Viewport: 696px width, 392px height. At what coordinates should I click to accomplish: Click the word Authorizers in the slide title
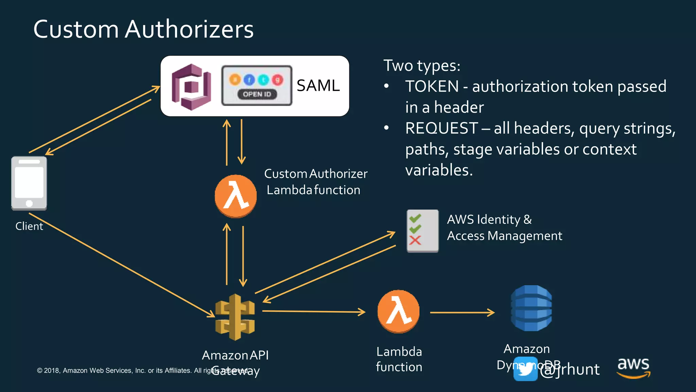pos(189,29)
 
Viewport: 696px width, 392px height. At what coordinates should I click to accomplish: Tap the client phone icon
pos(29,183)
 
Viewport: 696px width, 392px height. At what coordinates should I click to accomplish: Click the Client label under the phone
pos(29,226)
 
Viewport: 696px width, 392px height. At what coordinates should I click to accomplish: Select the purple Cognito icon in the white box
pos(191,87)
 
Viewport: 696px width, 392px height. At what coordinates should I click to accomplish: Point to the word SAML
pos(318,85)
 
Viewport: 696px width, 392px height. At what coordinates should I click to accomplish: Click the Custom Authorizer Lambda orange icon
pos(236,196)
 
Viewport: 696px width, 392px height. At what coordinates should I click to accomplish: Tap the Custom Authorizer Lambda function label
pos(315,182)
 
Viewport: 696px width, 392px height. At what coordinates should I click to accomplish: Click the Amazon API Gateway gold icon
pos(235,317)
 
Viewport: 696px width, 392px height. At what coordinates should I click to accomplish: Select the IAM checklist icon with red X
pos(422,231)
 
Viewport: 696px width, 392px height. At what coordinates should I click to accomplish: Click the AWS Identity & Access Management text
pos(504,228)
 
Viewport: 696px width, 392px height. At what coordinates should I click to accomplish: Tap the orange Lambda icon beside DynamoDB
pos(398,311)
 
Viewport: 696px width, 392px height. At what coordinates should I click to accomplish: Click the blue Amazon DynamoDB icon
pos(531,308)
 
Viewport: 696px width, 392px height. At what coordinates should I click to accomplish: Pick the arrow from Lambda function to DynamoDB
pos(462,312)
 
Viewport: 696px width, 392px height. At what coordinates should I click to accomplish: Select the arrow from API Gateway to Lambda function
pos(313,311)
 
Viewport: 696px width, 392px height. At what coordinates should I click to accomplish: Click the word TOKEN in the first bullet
pos(432,86)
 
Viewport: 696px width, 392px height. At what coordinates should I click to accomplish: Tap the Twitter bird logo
pos(525,369)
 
